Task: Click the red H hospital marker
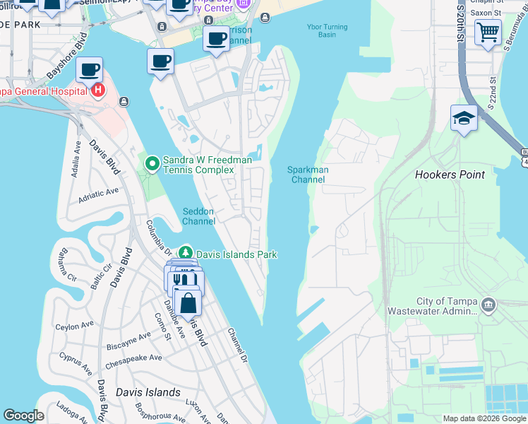97,90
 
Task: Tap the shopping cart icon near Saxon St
487,32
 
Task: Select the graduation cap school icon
464,117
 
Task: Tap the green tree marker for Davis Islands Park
185,253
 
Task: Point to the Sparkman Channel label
308,175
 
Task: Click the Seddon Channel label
198,216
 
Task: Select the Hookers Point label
450,175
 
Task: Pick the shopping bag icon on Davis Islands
188,304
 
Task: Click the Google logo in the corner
24,416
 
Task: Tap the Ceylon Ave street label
75,325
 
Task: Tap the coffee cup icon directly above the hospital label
89,69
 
